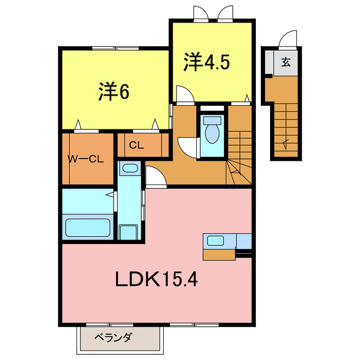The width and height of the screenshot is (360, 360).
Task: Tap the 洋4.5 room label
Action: (206, 62)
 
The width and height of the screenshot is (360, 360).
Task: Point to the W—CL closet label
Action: (86, 159)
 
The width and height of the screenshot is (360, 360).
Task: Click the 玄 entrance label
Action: (286, 62)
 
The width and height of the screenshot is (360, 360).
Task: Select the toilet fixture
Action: (213, 130)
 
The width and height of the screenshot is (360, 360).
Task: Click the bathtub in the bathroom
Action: (89, 227)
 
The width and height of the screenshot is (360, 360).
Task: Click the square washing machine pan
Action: (128, 232)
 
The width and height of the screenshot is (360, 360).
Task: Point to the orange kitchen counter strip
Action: (220, 254)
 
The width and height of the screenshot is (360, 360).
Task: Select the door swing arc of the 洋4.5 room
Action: (183, 93)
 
